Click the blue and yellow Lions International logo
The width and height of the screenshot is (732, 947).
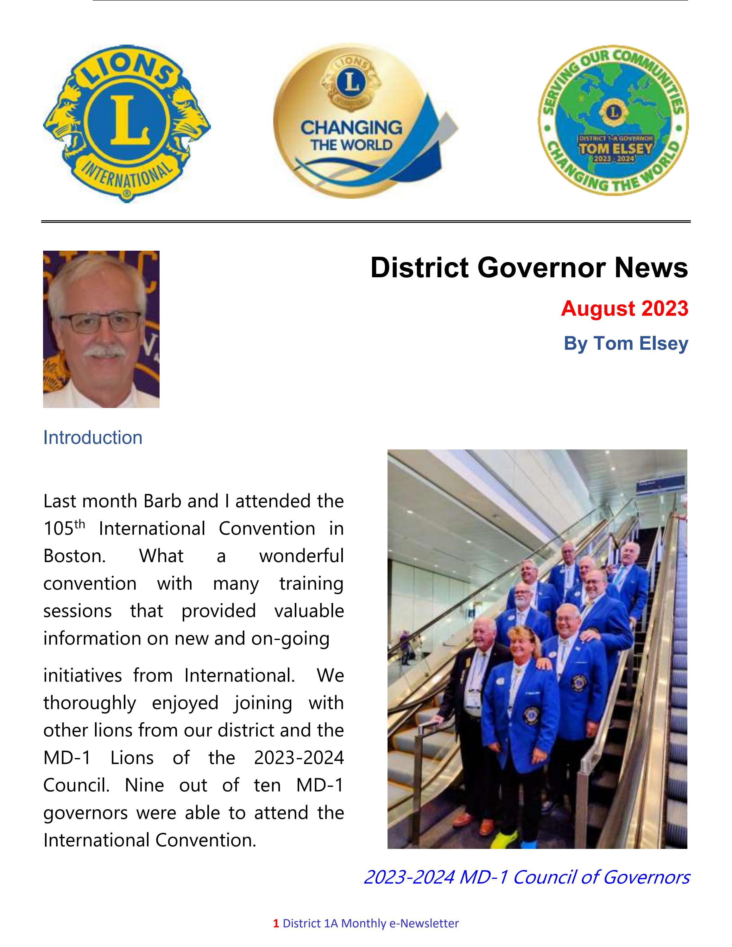pyautogui.click(x=126, y=123)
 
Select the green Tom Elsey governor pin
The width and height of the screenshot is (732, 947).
pyautogui.click(x=613, y=120)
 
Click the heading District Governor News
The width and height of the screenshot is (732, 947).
pyautogui.click(x=529, y=267)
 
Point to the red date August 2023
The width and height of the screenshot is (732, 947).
pyautogui.click(x=624, y=309)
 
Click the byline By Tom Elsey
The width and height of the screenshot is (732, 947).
pyautogui.click(x=625, y=343)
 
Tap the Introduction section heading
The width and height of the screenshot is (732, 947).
pyautogui.click(x=93, y=437)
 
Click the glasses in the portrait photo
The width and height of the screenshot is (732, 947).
pyautogui.click(x=101, y=322)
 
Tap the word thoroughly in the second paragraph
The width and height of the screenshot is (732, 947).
pyautogui.click(x=89, y=703)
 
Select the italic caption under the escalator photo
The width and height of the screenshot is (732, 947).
pyautogui.click(x=526, y=877)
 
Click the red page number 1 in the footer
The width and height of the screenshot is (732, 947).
pyautogui.click(x=276, y=924)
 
